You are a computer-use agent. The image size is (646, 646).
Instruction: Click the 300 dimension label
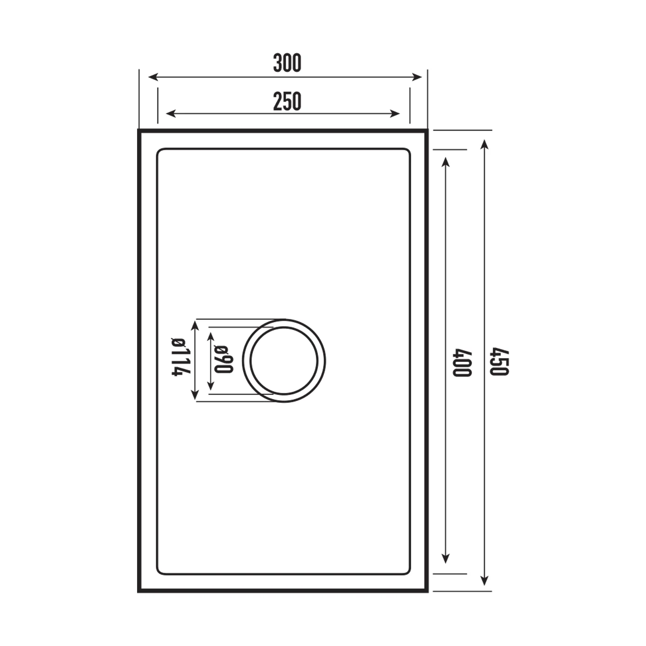[287, 63]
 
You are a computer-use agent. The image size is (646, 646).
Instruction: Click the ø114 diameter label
[181, 357]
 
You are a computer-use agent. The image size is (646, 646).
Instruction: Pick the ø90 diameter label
[224, 359]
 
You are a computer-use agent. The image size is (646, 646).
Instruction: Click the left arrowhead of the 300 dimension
[153, 77]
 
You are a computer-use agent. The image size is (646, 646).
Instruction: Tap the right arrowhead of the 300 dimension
[417, 77]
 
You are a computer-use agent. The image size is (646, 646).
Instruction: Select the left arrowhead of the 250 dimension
[171, 114]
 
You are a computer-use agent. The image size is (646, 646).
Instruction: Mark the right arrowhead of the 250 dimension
[395, 114]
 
